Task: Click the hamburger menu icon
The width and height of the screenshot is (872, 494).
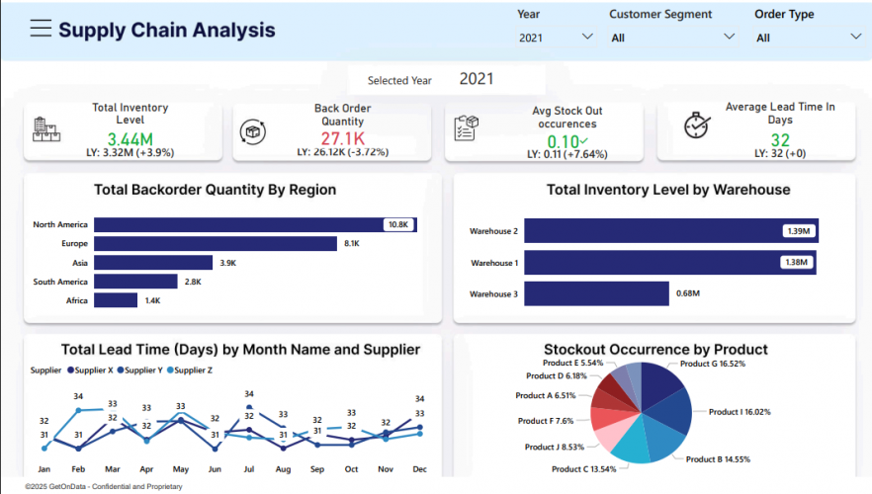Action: pyautogui.click(x=41, y=29)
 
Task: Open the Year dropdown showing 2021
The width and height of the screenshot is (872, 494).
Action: pyautogui.click(x=555, y=37)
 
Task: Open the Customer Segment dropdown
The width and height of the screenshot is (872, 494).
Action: pyautogui.click(x=672, y=38)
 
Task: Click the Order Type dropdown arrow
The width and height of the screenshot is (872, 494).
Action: pyautogui.click(x=855, y=38)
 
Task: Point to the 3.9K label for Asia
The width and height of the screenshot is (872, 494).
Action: pyautogui.click(x=227, y=263)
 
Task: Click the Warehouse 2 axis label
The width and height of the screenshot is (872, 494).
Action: pyautogui.click(x=492, y=231)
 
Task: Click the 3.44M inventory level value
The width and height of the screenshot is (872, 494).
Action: pyautogui.click(x=130, y=139)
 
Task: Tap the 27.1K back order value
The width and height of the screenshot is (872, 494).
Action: pyautogui.click(x=342, y=138)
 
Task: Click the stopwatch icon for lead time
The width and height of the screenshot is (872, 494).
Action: pyautogui.click(x=697, y=125)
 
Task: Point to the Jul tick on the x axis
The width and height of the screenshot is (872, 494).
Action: pyautogui.click(x=249, y=469)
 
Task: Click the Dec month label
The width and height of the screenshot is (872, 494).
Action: pyautogui.click(x=419, y=469)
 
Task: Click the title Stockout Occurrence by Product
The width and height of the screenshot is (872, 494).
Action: pyautogui.click(x=654, y=349)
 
